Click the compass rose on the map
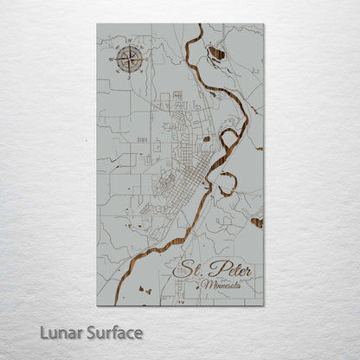click(x=129, y=60)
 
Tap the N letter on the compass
click(x=129, y=46)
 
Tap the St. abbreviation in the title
click(x=190, y=270)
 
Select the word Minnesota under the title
click(x=220, y=286)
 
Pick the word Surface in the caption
click(x=112, y=332)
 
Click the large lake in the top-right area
click(x=216, y=55)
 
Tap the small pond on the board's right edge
click(x=256, y=222)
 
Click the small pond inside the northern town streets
click(x=206, y=138)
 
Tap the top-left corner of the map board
click(x=98, y=24)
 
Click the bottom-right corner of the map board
click(x=262, y=305)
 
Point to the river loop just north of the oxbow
click(x=229, y=138)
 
